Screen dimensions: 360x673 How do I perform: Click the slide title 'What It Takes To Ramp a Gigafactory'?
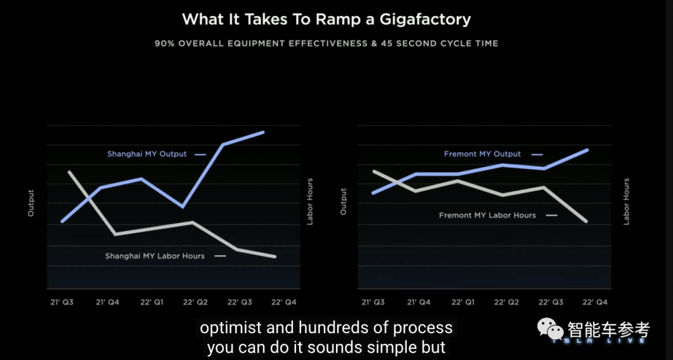point(326,19)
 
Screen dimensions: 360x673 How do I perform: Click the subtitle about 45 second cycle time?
point(326,44)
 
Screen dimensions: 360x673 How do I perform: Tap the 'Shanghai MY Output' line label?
point(146,154)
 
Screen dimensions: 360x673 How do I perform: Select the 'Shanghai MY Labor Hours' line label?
point(155,256)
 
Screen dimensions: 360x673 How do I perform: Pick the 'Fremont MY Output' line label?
point(482,154)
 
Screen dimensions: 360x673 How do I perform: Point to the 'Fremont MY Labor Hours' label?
point(487,216)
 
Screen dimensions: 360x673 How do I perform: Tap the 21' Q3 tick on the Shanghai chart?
point(62,302)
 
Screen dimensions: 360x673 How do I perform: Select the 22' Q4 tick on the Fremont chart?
point(594,302)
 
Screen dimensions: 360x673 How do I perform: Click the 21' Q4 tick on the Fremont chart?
point(419,302)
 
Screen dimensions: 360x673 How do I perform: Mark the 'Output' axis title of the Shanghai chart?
point(31,203)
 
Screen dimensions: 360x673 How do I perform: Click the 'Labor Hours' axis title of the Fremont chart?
point(626,201)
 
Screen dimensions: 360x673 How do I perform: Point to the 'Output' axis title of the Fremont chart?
point(343,202)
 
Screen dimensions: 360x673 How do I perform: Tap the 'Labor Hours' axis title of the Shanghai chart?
point(310,201)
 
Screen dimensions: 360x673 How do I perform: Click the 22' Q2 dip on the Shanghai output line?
point(182,206)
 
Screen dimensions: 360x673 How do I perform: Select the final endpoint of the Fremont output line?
point(588,149)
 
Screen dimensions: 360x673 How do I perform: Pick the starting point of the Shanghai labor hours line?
point(69,171)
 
